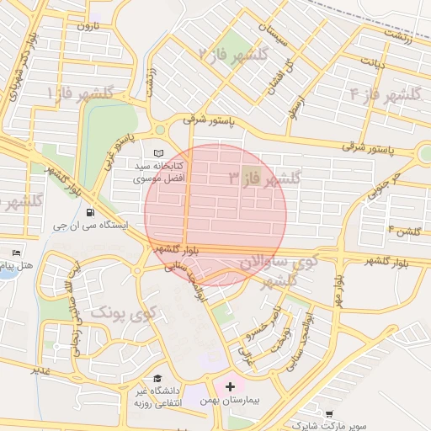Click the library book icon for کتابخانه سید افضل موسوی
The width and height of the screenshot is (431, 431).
(x=159, y=153)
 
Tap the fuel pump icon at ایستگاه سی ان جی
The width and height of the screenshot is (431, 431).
(x=90, y=225)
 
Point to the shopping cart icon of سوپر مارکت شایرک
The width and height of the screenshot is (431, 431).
(x=332, y=414)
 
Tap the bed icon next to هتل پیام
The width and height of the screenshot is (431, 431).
(x=16, y=252)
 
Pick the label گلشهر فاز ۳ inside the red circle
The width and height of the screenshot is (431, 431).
(x=264, y=178)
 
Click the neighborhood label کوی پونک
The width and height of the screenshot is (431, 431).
(x=124, y=314)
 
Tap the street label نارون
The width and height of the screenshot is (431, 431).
(x=88, y=25)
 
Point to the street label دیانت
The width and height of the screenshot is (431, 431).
(x=373, y=61)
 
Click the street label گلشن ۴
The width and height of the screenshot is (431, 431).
(x=404, y=230)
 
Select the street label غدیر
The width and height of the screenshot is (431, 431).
(x=42, y=370)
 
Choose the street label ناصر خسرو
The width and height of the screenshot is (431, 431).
(x=256, y=330)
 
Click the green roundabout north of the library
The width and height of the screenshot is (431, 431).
(x=160, y=130)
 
